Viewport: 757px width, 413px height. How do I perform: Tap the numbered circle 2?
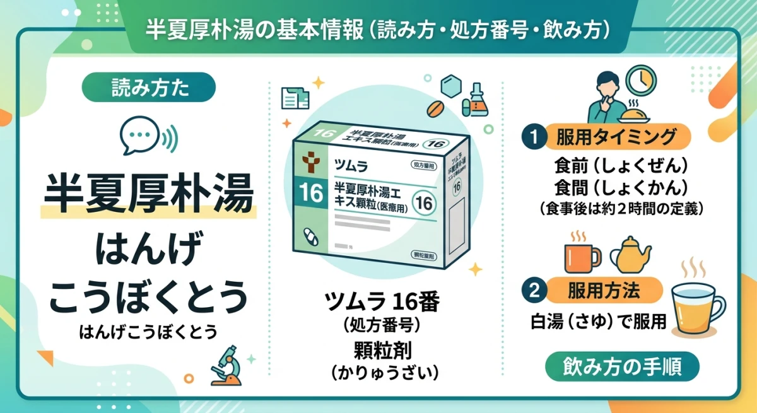click(534, 291)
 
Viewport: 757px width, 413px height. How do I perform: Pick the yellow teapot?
click(631, 255)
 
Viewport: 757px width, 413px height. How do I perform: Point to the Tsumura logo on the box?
click(310, 163)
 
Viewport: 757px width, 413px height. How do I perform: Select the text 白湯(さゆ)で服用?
click(598, 321)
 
